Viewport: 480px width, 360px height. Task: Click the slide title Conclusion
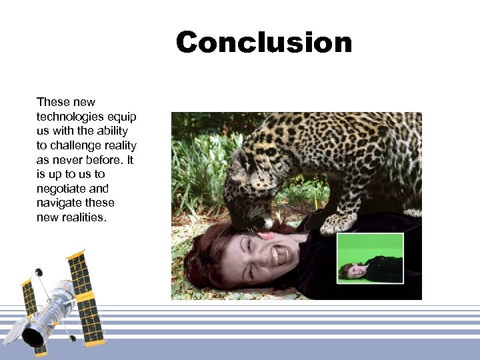pyautogui.click(x=263, y=43)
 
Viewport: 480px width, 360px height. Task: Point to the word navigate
pyautogui.click(x=59, y=203)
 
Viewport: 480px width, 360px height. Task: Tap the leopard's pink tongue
pyautogui.click(x=267, y=235)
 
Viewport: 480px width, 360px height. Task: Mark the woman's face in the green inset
pyautogui.click(x=350, y=270)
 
